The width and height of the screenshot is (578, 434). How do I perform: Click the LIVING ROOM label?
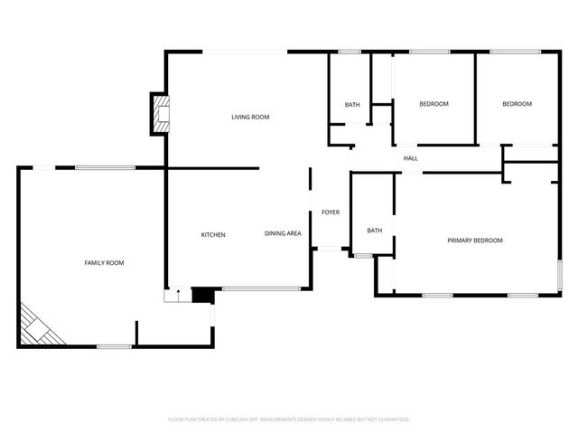click(x=250, y=118)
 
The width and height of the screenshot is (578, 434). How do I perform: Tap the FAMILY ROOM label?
click(x=104, y=263)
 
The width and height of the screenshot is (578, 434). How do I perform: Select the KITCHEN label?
click(x=213, y=235)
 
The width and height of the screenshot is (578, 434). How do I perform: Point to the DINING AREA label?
click(x=283, y=234)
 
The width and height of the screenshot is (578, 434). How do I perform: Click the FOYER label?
click(x=331, y=212)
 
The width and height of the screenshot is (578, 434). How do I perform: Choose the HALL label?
click(x=410, y=159)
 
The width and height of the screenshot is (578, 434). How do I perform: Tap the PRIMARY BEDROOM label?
click(x=475, y=241)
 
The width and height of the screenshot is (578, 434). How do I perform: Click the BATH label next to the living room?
click(x=352, y=105)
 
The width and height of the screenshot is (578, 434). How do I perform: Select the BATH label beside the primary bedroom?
click(x=374, y=231)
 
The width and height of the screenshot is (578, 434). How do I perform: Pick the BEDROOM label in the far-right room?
click(x=517, y=104)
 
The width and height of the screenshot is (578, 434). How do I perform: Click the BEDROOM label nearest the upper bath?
click(x=433, y=104)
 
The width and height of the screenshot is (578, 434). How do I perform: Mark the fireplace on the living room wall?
click(x=160, y=114)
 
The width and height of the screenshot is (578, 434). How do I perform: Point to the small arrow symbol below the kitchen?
click(x=179, y=293)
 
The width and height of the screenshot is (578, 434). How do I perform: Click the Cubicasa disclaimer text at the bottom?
click(x=289, y=420)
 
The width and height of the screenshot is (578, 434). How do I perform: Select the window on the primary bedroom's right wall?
click(x=559, y=274)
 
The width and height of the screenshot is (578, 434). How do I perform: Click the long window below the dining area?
click(x=261, y=289)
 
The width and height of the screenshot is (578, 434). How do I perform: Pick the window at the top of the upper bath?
click(x=350, y=52)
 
